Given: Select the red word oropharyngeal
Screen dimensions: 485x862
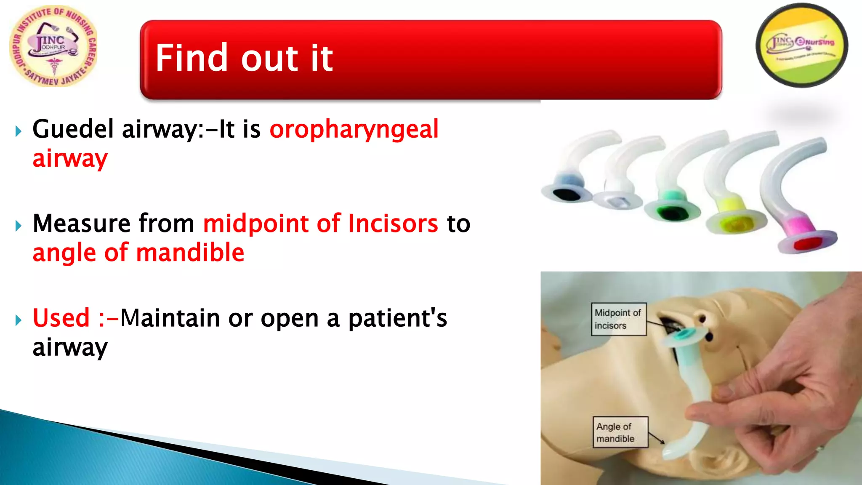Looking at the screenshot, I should tap(354, 129).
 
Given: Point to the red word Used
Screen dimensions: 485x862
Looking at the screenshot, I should tap(61, 318).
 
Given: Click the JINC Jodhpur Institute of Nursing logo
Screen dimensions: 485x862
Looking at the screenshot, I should tap(53, 46).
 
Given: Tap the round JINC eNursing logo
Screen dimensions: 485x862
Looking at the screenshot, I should tap(802, 45).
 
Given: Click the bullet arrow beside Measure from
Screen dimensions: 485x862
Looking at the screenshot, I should tap(18, 226).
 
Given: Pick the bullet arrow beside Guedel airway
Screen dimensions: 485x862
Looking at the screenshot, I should tap(18, 131).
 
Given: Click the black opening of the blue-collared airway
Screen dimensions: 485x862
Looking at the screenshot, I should tap(566, 195).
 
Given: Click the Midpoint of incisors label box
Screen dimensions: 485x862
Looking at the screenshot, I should tap(618, 319).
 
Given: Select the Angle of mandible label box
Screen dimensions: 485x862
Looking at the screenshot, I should tap(620, 432).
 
